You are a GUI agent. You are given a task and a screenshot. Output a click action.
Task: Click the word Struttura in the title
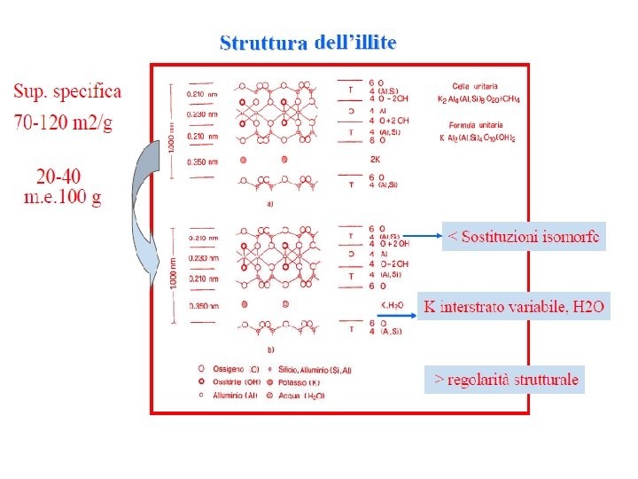click(x=263, y=43)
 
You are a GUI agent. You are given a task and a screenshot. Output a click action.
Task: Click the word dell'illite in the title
click(x=355, y=42)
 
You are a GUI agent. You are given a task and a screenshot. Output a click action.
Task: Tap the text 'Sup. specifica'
click(x=67, y=91)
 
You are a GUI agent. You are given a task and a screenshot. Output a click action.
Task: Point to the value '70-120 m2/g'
click(x=63, y=122)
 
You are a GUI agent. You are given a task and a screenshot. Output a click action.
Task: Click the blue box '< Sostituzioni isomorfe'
click(x=524, y=236)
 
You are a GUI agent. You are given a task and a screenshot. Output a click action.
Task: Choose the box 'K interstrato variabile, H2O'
click(x=514, y=307)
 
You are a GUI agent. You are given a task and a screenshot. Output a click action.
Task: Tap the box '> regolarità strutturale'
click(x=505, y=380)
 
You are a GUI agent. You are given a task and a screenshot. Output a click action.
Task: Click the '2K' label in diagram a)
click(x=375, y=160)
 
